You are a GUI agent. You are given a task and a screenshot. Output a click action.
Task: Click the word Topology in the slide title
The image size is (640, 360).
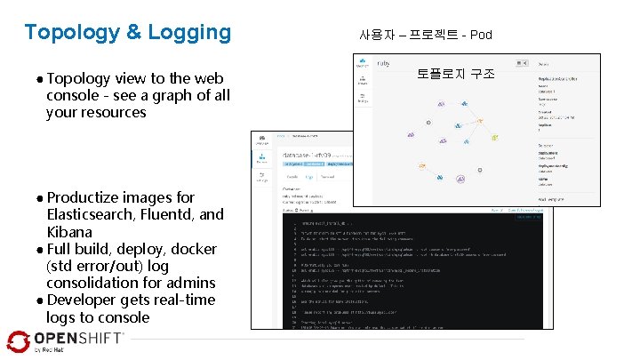[x=72, y=33]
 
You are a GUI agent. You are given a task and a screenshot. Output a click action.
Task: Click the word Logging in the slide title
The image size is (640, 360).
[x=188, y=33]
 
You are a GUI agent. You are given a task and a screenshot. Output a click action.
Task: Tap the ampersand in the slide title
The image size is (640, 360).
[x=133, y=33]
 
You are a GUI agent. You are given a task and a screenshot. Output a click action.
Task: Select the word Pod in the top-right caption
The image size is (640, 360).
[x=481, y=36]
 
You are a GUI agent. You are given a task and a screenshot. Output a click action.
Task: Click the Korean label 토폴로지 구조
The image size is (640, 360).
[x=456, y=75]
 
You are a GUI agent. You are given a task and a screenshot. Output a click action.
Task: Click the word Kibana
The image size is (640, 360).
[x=68, y=231]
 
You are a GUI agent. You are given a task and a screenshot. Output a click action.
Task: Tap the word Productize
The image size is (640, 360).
[x=84, y=197]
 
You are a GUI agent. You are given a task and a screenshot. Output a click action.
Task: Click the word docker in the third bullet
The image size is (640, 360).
[x=194, y=249]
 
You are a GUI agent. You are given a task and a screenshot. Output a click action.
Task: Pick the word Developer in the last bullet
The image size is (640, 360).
[x=84, y=300]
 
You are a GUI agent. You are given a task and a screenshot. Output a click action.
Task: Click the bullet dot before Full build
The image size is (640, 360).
[x=40, y=250]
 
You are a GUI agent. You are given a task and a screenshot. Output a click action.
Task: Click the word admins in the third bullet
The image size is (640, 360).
[x=193, y=283]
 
